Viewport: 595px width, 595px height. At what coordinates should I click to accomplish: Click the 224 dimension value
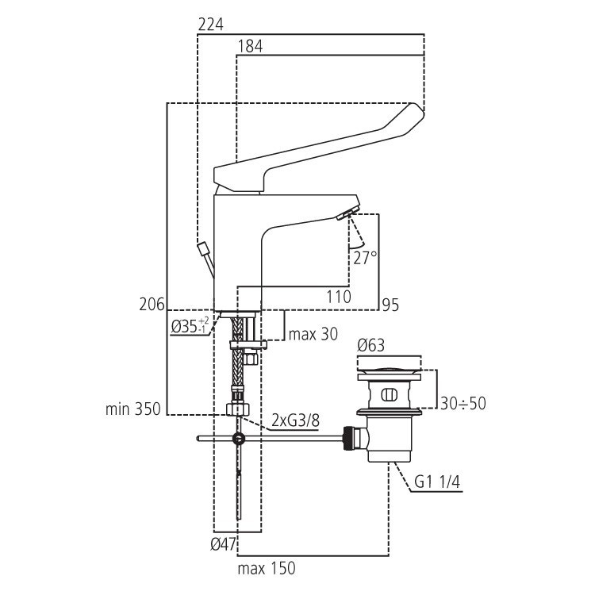pyautogui.click(x=211, y=25)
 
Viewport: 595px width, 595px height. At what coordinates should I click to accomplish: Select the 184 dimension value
pyautogui.click(x=251, y=46)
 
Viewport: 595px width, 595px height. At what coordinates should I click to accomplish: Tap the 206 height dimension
pyautogui.click(x=152, y=304)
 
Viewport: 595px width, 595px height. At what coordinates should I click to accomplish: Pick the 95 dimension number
pyautogui.click(x=390, y=304)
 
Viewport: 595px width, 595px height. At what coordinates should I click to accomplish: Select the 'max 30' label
pyautogui.click(x=313, y=334)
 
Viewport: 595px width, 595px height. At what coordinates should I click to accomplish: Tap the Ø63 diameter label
pyautogui.click(x=371, y=346)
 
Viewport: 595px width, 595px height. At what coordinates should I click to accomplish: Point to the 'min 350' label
pyautogui.click(x=132, y=409)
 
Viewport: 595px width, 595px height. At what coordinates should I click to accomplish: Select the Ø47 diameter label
pyautogui.click(x=221, y=544)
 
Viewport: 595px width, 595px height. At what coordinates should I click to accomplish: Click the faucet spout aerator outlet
pyautogui.click(x=347, y=214)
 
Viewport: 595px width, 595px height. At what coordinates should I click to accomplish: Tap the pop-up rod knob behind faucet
pyautogui.click(x=204, y=249)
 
